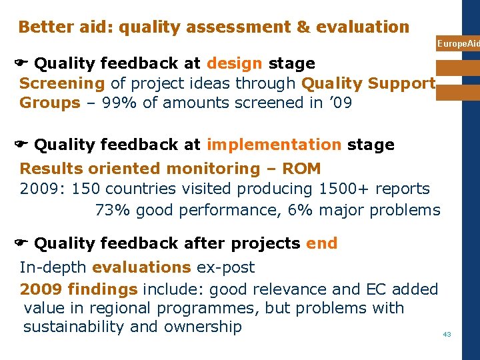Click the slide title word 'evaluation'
tap(365, 27)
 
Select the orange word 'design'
tap(235, 64)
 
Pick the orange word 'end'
tap(321, 244)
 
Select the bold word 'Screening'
tap(62, 84)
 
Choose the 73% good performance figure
tap(113, 211)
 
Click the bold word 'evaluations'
tap(141, 268)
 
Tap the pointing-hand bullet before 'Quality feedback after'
tap(20, 244)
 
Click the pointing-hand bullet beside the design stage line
tap(20, 64)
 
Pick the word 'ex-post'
tap(225, 268)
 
